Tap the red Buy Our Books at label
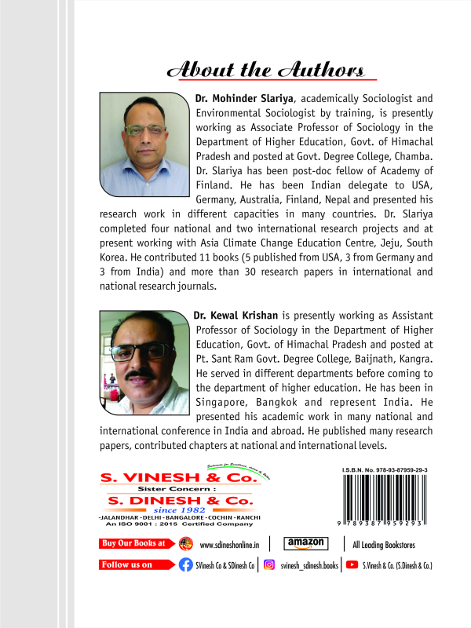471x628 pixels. pyautogui.click(x=136, y=543)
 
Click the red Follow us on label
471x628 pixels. pyautogui.click(x=136, y=564)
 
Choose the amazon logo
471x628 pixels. pyautogui.click(x=306, y=543)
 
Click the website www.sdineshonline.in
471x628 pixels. pyautogui.click(x=231, y=544)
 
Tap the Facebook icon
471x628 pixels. pyautogui.click(x=186, y=564)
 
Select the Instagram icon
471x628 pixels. pyautogui.click(x=269, y=564)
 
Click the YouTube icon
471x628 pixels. pyautogui.click(x=352, y=564)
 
